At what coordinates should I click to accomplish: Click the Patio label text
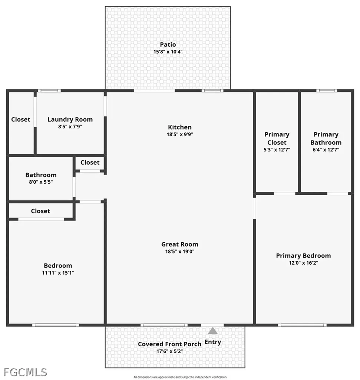[x=168, y=45]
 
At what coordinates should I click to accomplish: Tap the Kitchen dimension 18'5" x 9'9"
[x=180, y=134]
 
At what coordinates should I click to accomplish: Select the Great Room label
[x=180, y=244]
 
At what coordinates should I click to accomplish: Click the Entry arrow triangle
[x=213, y=331]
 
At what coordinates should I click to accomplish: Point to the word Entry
[x=213, y=342]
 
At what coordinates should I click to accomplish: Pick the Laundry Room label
[x=70, y=119]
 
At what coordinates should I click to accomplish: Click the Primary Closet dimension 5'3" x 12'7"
[x=277, y=150]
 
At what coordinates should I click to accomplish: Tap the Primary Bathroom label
[x=326, y=138]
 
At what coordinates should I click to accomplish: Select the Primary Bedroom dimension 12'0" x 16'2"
[x=303, y=263]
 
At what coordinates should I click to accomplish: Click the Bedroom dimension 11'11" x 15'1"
[x=58, y=273]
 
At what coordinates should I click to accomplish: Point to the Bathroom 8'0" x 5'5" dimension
[x=41, y=182]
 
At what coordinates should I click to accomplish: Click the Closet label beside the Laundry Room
[x=21, y=119]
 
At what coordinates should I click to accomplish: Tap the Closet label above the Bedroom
[x=40, y=211]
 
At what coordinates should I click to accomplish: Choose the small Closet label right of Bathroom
[x=90, y=162]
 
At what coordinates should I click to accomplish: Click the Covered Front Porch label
[x=169, y=344]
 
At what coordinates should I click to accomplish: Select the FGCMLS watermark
[x=25, y=372]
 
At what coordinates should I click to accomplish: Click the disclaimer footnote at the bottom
[x=180, y=377]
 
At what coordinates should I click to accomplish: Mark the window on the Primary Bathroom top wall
[x=327, y=91]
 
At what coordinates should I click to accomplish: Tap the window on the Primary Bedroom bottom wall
[x=302, y=325]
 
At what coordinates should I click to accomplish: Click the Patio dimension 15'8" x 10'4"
[x=168, y=52]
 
